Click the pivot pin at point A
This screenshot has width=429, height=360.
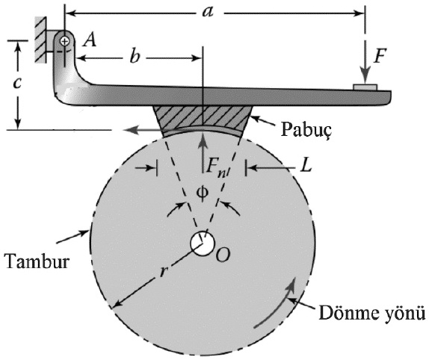(x=65, y=42)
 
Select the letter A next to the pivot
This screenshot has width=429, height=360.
(x=90, y=40)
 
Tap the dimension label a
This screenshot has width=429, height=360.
(x=207, y=12)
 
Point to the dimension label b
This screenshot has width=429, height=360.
(x=135, y=57)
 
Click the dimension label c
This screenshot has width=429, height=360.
(x=17, y=83)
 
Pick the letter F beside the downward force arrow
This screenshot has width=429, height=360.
(x=380, y=56)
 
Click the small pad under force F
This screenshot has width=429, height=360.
(x=365, y=87)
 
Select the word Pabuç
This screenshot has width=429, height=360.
(x=306, y=129)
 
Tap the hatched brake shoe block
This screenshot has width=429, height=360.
(x=203, y=118)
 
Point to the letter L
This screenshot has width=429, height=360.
(x=306, y=165)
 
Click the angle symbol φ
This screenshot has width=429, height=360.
(x=203, y=193)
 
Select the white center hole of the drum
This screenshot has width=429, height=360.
(x=203, y=243)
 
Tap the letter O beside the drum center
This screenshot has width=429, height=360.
(x=223, y=255)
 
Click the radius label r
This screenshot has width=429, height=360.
(x=164, y=271)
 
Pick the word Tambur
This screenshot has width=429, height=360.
(x=37, y=261)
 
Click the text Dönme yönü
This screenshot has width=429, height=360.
(x=372, y=313)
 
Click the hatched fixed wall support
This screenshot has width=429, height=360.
(x=40, y=40)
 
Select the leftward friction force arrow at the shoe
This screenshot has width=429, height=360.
(x=143, y=129)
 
